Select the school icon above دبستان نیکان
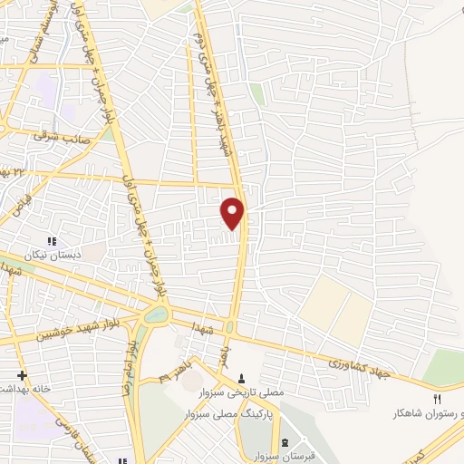[x=51, y=241]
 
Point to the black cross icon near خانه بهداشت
[x=22, y=375]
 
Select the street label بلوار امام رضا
[x=129, y=366]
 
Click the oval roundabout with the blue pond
[x=155, y=316]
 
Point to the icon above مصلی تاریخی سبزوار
[x=241, y=379]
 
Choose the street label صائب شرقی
[x=58, y=137]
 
